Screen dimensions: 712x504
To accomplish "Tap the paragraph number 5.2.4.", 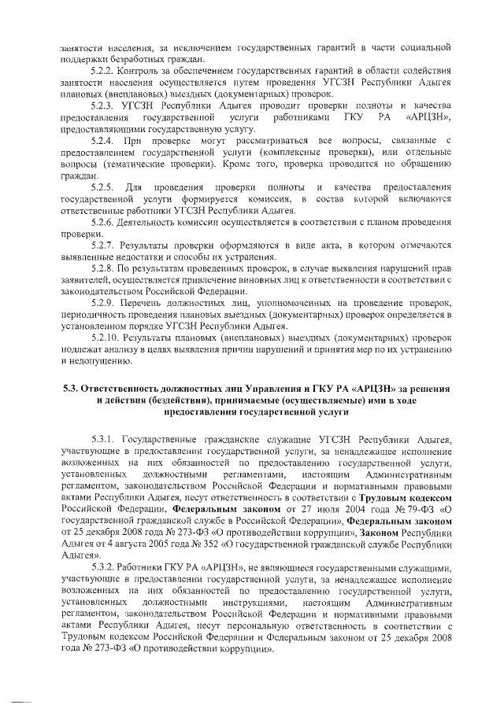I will tap(102, 140).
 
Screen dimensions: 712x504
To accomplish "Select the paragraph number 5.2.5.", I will tap(102, 186).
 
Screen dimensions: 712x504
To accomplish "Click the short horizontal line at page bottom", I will tap(21, 701).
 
